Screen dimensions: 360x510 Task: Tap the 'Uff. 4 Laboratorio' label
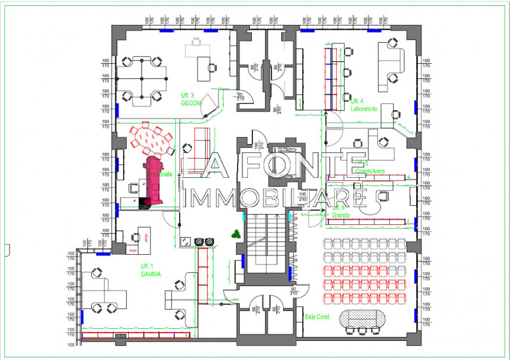point(364,104)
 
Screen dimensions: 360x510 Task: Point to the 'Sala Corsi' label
point(316,316)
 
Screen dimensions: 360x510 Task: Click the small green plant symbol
point(237,233)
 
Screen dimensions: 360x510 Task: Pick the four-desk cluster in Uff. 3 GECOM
point(141,78)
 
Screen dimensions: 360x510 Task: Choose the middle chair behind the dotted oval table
point(362,331)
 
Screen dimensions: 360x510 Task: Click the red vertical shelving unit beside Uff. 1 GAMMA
point(204,274)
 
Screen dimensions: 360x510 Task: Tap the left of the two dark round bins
point(199,241)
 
